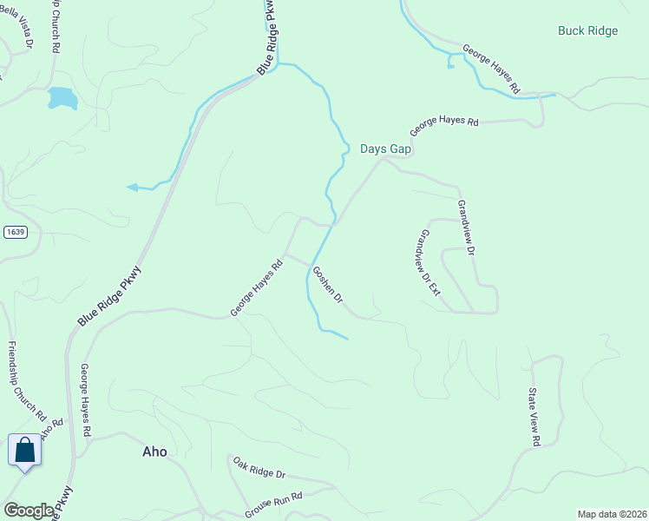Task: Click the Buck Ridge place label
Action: [588, 31]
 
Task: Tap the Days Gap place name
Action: [385, 149]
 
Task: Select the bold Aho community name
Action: [154, 452]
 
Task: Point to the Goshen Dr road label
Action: [328, 285]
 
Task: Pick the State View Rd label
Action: [535, 417]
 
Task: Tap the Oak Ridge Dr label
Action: [259, 467]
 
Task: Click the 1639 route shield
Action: [15, 232]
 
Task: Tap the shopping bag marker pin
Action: [24, 451]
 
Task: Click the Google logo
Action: [29, 511]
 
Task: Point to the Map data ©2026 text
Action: [612, 514]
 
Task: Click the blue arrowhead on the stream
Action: [132, 187]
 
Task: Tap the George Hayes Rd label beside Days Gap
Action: [443, 126]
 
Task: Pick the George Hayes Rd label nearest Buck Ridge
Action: [490, 69]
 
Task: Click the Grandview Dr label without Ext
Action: [467, 228]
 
